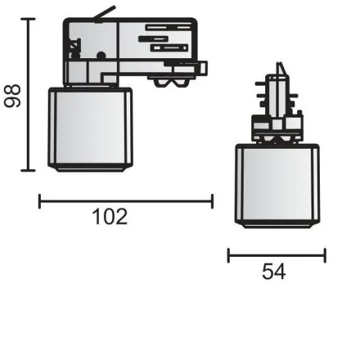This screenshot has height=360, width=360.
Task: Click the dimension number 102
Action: (x=109, y=217)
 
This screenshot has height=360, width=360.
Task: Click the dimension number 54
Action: (x=274, y=271)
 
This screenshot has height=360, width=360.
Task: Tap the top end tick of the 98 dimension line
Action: (x=28, y=20)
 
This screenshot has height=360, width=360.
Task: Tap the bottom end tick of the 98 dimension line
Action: (x=28, y=170)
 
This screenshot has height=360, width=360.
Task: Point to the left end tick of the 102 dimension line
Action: (x=40, y=201)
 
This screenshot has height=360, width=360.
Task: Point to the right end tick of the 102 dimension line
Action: (x=212, y=201)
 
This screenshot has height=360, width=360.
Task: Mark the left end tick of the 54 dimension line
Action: (x=228, y=256)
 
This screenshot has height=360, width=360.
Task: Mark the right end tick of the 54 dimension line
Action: (x=325, y=256)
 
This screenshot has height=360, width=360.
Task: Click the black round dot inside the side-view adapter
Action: (x=101, y=55)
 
